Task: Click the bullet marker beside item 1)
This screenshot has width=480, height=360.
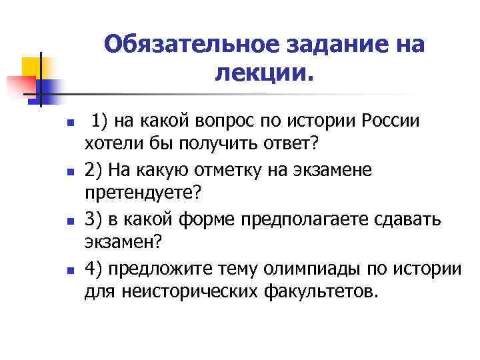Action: [41, 125]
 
